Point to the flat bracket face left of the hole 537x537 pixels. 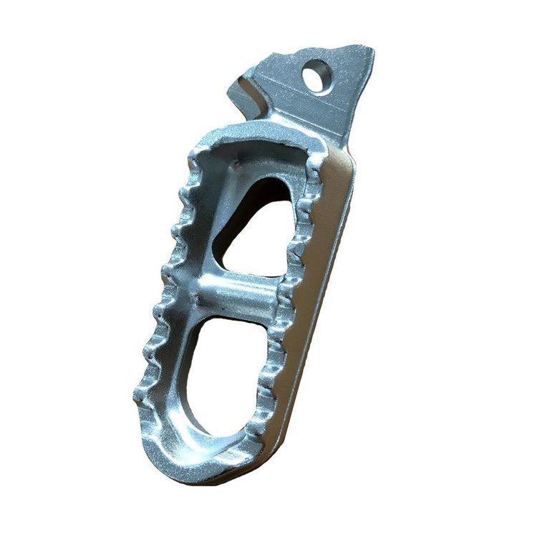pyautogui.click(x=279, y=79)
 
